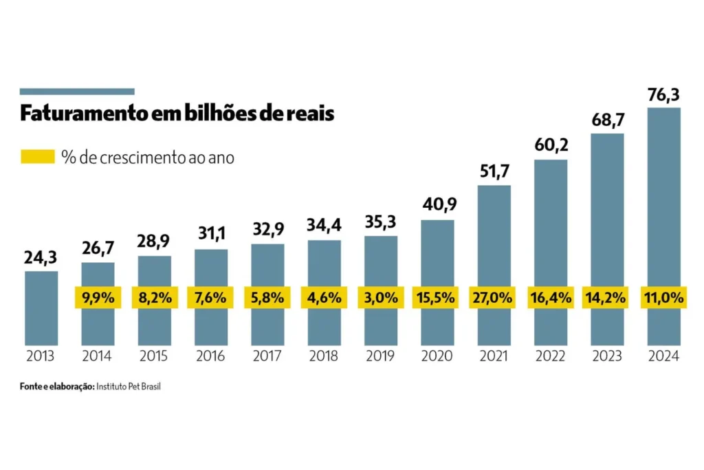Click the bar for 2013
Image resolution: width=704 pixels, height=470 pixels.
point(41,308)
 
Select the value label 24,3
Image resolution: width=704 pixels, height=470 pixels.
point(41,259)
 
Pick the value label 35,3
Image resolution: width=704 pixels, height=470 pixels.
point(380,224)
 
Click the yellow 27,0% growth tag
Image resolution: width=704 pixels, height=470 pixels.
point(494,298)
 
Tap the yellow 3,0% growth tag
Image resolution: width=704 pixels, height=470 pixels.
point(380,298)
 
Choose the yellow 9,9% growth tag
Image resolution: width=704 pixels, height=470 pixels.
point(98,298)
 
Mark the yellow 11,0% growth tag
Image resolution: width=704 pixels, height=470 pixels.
point(663,298)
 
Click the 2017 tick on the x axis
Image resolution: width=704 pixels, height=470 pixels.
point(267,356)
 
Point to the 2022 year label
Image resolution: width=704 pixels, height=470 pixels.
point(550,356)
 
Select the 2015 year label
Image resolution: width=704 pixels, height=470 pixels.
point(154,356)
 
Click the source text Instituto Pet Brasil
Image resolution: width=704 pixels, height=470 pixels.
point(129,387)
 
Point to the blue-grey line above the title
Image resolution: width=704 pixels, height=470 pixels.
point(77,92)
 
